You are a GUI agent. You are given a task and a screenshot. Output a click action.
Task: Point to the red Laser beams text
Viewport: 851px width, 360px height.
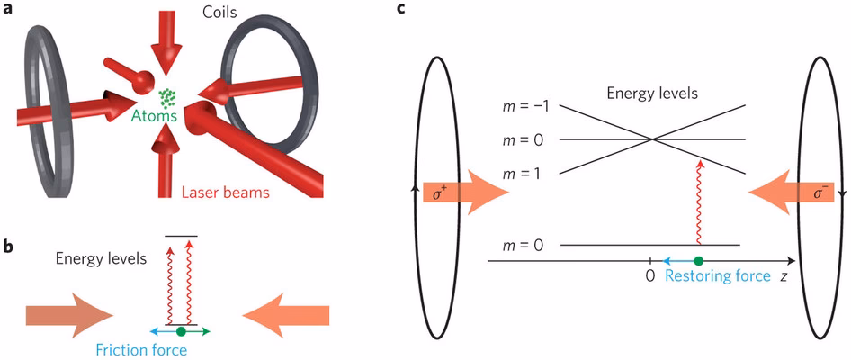tap(224, 192)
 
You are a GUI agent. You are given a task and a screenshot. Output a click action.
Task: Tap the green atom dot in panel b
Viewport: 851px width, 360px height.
tap(182, 331)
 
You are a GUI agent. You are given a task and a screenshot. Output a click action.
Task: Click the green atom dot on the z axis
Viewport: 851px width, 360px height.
tap(698, 261)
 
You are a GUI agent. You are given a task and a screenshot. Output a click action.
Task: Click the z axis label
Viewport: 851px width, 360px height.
tap(784, 277)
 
